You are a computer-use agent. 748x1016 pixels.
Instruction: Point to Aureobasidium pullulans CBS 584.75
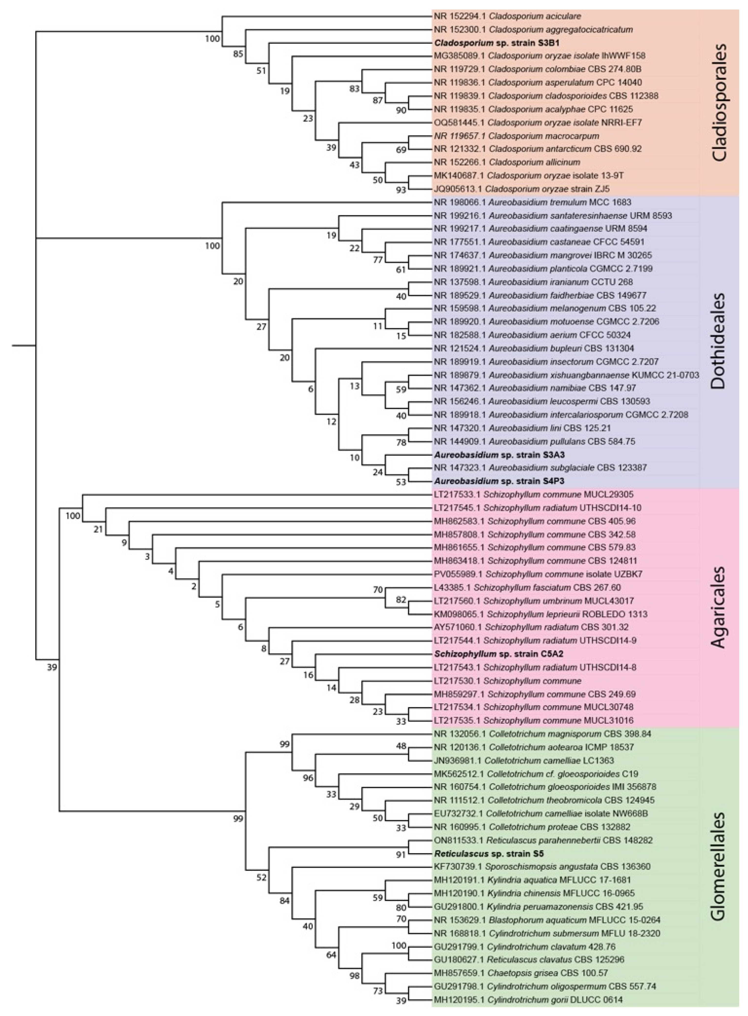coord(528,441)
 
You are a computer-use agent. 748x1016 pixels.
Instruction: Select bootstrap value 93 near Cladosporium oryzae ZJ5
coord(401,190)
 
